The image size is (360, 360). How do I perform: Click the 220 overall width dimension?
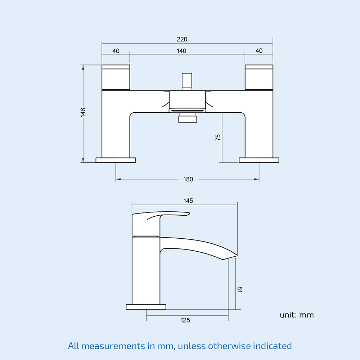point(182,39)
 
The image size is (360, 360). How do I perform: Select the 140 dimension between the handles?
point(181,51)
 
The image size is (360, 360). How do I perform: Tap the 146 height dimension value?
point(83,112)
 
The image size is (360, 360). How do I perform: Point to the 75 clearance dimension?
point(218,137)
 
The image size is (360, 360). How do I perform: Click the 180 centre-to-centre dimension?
point(188,179)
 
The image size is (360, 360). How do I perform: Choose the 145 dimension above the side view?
point(188,201)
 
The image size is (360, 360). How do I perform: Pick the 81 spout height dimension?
point(239,289)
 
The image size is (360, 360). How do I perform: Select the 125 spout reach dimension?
point(185,320)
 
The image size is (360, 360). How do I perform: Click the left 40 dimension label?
point(116,51)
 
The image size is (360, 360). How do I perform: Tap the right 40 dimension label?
point(259,50)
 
